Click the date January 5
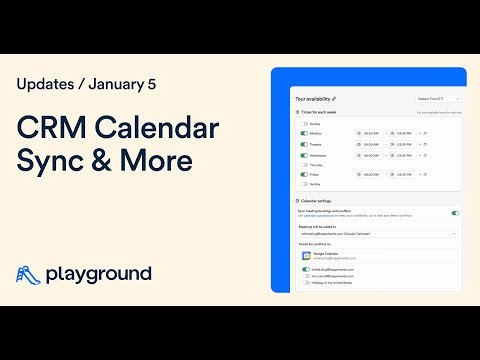click(125, 85)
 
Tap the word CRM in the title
click(54, 131)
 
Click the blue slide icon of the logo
click(29, 273)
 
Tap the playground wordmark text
click(99, 273)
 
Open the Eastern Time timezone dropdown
click(437, 99)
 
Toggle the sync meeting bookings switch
click(455, 213)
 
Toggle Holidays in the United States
click(305, 283)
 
